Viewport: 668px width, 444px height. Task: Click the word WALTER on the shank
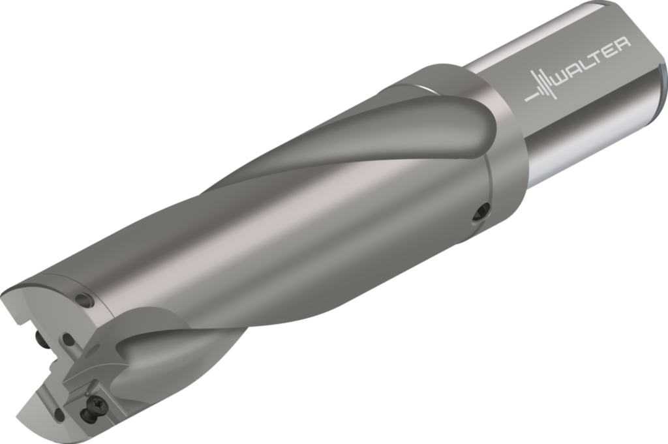[x=591, y=66]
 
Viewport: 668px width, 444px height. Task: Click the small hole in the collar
[x=483, y=211]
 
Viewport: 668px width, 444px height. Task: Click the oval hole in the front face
[x=67, y=339]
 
